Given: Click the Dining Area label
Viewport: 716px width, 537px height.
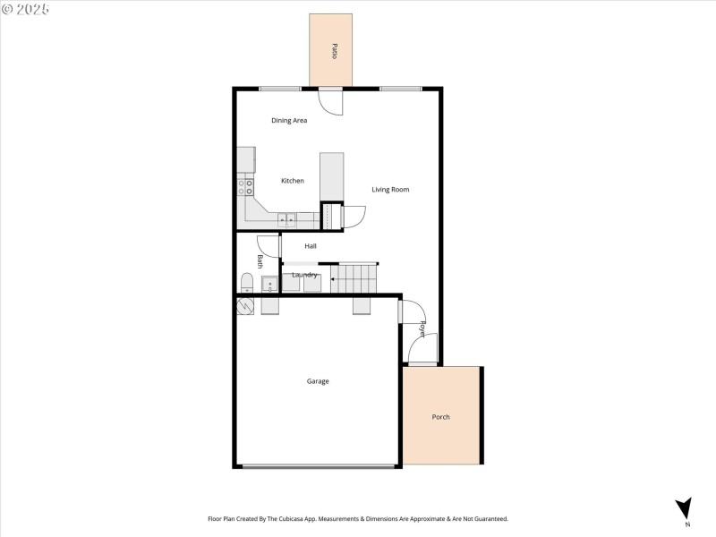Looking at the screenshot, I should pyautogui.click(x=289, y=120).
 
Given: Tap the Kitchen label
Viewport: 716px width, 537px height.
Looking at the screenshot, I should pyautogui.click(x=293, y=181).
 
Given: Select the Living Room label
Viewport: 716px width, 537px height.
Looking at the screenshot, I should pyautogui.click(x=390, y=189).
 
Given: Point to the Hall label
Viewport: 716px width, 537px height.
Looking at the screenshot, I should pyautogui.click(x=311, y=245).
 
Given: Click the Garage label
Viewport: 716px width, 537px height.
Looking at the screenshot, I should pyautogui.click(x=318, y=381).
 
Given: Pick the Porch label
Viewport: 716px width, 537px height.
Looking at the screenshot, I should pyautogui.click(x=440, y=417).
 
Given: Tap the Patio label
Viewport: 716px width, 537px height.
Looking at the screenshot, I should pyautogui.click(x=334, y=51).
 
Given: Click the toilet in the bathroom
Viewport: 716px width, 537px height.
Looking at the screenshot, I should pyautogui.click(x=247, y=284).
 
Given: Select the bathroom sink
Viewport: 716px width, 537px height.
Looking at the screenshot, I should pyautogui.click(x=270, y=286).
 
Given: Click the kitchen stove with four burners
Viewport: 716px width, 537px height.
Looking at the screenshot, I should pyautogui.click(x=245, y=186).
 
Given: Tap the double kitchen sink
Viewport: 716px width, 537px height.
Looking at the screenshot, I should pyautogui.click(x=287, y=219).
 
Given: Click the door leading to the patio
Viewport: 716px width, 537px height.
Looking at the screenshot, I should pyautogui.click(x=330, y=101).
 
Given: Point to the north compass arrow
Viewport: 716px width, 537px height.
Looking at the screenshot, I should pyautogui.click(x=685, y=507).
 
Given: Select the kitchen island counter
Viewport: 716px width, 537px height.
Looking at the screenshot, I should pyautogui.click(x=331, y=175).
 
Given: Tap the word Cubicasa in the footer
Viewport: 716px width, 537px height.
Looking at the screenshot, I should pyautogui.click(x=294, y=519).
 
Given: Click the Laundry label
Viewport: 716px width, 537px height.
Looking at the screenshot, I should pyautogui.click(x=304, y=275).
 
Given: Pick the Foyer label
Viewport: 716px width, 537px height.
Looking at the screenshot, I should pyautogui.click(x=422, y=328).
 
